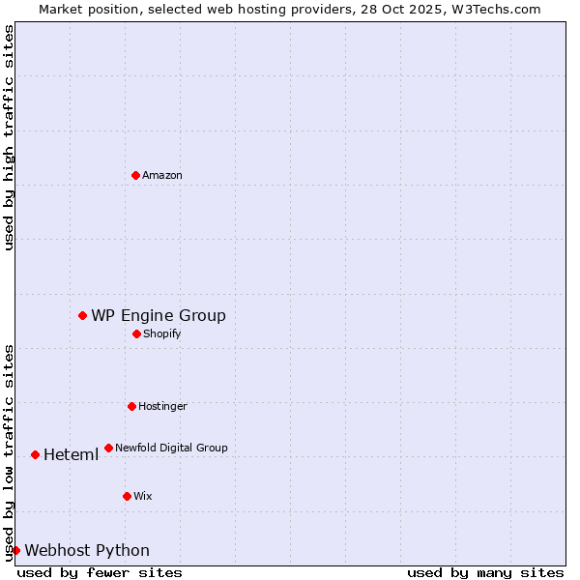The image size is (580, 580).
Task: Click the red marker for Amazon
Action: [x=135, y=175]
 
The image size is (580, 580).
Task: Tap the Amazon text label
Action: [x=162, y=175]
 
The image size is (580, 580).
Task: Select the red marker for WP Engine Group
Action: [x=83, y=315]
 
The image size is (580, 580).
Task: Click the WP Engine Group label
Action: [x=159, y=315]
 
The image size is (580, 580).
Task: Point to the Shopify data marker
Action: [x=136, y=333]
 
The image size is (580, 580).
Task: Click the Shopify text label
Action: [x=162, y=333]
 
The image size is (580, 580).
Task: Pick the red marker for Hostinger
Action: [x=131, y=406]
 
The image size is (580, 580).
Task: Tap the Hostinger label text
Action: [x=162, y=406]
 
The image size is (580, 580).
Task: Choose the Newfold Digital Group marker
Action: [x=108, y=448]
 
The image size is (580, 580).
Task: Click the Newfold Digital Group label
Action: [x=171, y=448]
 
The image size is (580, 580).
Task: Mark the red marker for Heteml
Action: [x=35, y=454]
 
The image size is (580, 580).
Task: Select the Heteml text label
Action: [x=71, y=455]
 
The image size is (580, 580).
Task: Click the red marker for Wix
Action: [x=127, y=496]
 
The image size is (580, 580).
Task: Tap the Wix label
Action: [x=143, y=496]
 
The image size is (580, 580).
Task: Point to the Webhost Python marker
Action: [x=15, y=550]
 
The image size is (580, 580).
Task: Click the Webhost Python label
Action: [x=87, y=551]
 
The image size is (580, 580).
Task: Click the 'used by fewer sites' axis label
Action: [x=100, y=572]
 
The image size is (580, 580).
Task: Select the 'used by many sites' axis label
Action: [x=485, y=572]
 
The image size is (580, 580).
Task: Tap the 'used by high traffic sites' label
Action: [x=9, y=138]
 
